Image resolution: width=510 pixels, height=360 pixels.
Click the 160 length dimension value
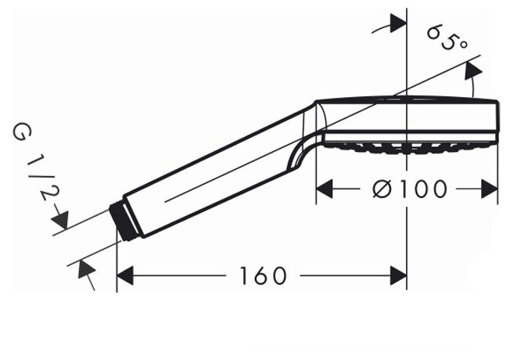coord(263,275)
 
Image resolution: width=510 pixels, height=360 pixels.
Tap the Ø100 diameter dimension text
coord(410,189)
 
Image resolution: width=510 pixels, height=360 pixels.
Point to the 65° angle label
coord(447,38)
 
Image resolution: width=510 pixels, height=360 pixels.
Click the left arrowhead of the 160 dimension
coord(125,275)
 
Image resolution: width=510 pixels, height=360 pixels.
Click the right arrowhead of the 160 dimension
coord(398,275)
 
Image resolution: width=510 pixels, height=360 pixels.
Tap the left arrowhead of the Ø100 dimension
coord(325,189)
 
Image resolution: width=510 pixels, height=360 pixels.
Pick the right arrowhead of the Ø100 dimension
coord(490,189)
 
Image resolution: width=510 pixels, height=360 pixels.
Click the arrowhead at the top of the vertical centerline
coord(398,23)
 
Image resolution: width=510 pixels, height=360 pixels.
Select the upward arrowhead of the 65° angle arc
coord(473,70)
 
